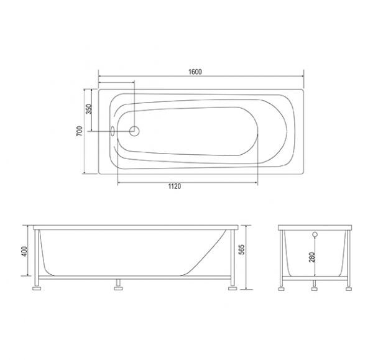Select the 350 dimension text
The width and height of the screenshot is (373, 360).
[x=88, y=109]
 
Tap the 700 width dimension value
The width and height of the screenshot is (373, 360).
[x=80, y=131]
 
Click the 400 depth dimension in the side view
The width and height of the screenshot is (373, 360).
[x=24, y=252]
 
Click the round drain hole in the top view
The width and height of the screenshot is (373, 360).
[x=133, y=131]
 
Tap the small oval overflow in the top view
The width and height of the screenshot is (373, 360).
[x=112, y=131]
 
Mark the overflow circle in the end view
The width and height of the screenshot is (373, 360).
[x=315, y=235]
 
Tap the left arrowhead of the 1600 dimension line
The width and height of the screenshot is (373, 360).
[x=101, y=78]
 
